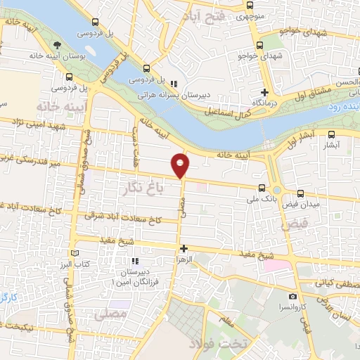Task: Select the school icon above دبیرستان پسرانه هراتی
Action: pyautogui.click(x=173, y=84)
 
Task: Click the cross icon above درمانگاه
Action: pyautogui.click(x=264, y=93)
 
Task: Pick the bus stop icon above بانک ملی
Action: pyautogui.click(x=262, y=188)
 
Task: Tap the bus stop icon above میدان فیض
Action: pyautogui.click(x=301, y=193)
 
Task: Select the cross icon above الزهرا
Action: pyautogui.click(x=184, y=248)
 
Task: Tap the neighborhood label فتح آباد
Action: pyautogui.click(x=210, y=16)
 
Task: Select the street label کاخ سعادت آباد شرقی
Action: pyautogui.click(x=122, y=215)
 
